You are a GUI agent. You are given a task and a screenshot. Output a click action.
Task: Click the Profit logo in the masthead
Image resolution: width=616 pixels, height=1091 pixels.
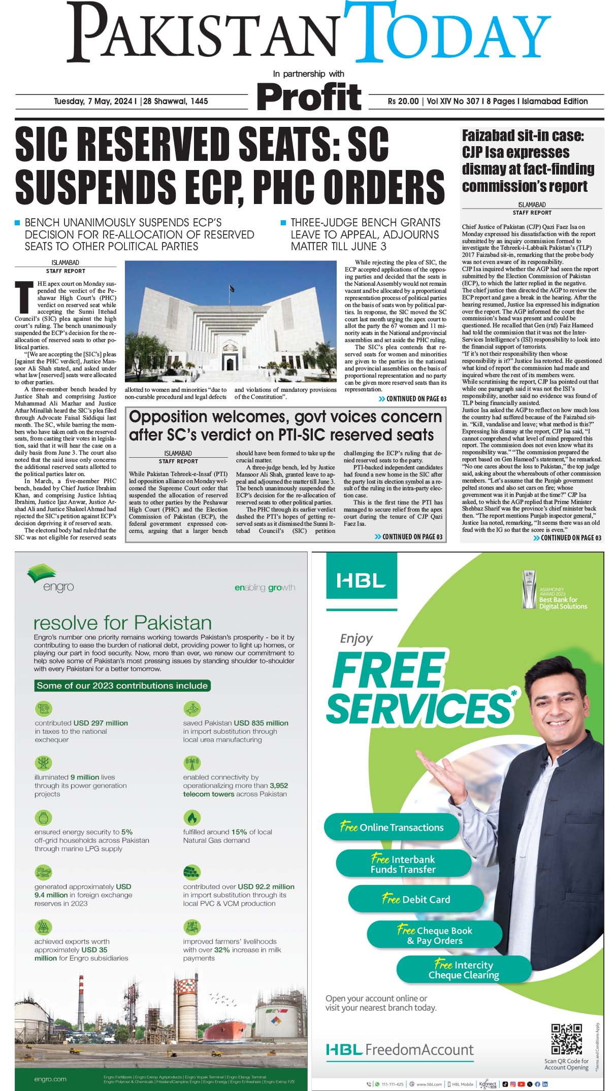click(x=309, y=96)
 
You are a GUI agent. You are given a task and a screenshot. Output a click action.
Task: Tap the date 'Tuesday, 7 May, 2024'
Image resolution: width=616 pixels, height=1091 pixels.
click(x=93, y=101)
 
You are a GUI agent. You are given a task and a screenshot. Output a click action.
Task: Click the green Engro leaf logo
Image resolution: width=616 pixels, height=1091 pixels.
click(x=42, y=573)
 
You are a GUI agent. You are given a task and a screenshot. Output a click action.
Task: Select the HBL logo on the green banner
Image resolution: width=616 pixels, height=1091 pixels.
click(x=361, y=581)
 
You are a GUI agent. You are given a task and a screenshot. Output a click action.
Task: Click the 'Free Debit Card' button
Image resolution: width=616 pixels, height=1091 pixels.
click(x=415, y=899)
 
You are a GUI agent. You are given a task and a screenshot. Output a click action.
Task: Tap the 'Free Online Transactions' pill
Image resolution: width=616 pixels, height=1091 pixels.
click(x=392, y=827)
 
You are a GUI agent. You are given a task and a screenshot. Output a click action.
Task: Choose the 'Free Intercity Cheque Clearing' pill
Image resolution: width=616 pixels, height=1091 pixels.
click(x=463, y=970)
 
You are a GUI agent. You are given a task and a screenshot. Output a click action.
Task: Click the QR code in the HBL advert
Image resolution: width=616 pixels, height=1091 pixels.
click(x=566, y=1039)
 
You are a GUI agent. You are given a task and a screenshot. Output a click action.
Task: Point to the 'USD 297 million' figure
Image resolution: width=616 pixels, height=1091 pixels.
click(x=101, y=723)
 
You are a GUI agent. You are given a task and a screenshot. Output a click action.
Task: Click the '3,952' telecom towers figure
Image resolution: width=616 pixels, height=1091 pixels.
click(x=279, y=786)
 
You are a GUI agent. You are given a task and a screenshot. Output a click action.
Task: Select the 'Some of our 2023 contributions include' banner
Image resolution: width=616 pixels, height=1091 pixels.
click(x=122, y=686)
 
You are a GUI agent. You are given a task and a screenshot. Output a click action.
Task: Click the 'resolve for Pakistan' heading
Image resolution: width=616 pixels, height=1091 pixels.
click(x=122, y=623)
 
